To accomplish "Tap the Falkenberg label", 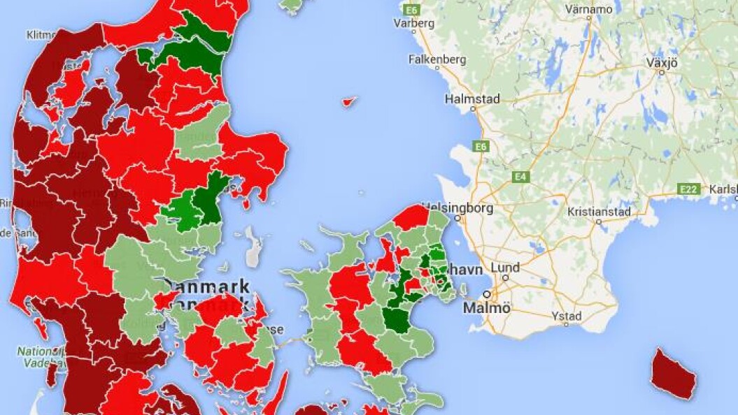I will tap(437, 60).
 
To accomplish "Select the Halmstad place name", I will tap(472, 99).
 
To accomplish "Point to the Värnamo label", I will tap(589, 10).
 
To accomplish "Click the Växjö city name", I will tap(662, 62).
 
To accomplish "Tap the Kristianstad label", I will tap(599, 212).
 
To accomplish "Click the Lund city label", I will tap(505, 268).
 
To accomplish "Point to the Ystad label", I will tap(567, 316).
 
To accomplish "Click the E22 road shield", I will tap(690, 189).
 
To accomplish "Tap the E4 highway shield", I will tap(520, 177).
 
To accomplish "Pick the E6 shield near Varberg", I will tap(411, 9).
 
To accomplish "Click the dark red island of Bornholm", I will tap(673, 373).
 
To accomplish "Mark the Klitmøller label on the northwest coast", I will tap(42, 34).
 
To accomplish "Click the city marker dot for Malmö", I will tap(488, 294).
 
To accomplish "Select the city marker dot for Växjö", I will tap(661, 72).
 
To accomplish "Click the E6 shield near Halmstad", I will tap(480, 147).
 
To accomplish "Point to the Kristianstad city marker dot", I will tap(598, 221).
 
